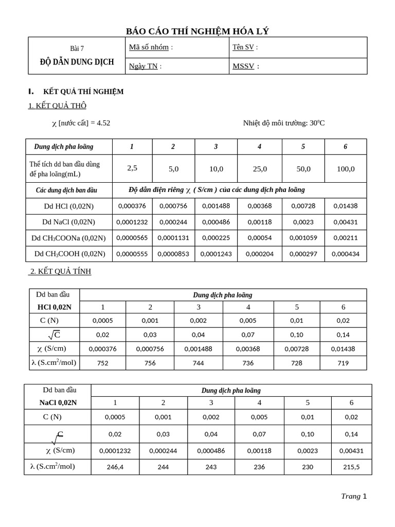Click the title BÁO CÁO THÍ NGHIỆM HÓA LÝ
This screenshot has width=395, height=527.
coord(197,31)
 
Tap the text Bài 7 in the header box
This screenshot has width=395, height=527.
coord(77,49)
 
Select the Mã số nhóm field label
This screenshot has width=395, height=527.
coord(151,47)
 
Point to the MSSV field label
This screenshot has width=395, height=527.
coord(245,66)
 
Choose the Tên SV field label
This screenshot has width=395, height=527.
coord(245,47)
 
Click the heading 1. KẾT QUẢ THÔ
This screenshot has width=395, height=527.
coord(57,106)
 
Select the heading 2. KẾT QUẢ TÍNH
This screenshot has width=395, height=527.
coord(60,272)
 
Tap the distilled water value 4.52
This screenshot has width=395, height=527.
coord(102,123)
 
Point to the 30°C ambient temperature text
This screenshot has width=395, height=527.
coord(316,123)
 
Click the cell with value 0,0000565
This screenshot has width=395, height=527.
coord(132,238)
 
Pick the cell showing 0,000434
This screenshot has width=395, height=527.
coord(346,254)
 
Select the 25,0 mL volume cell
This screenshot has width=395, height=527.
coord(260,169)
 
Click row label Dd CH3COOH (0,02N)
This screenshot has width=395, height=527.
coord(69,254)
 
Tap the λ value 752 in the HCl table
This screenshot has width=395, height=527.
coord(103,363)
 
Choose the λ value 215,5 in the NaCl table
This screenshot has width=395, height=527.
coord(351,467)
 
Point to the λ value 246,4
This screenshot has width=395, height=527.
coord(115,467)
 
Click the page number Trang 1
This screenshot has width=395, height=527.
coord(354,496)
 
